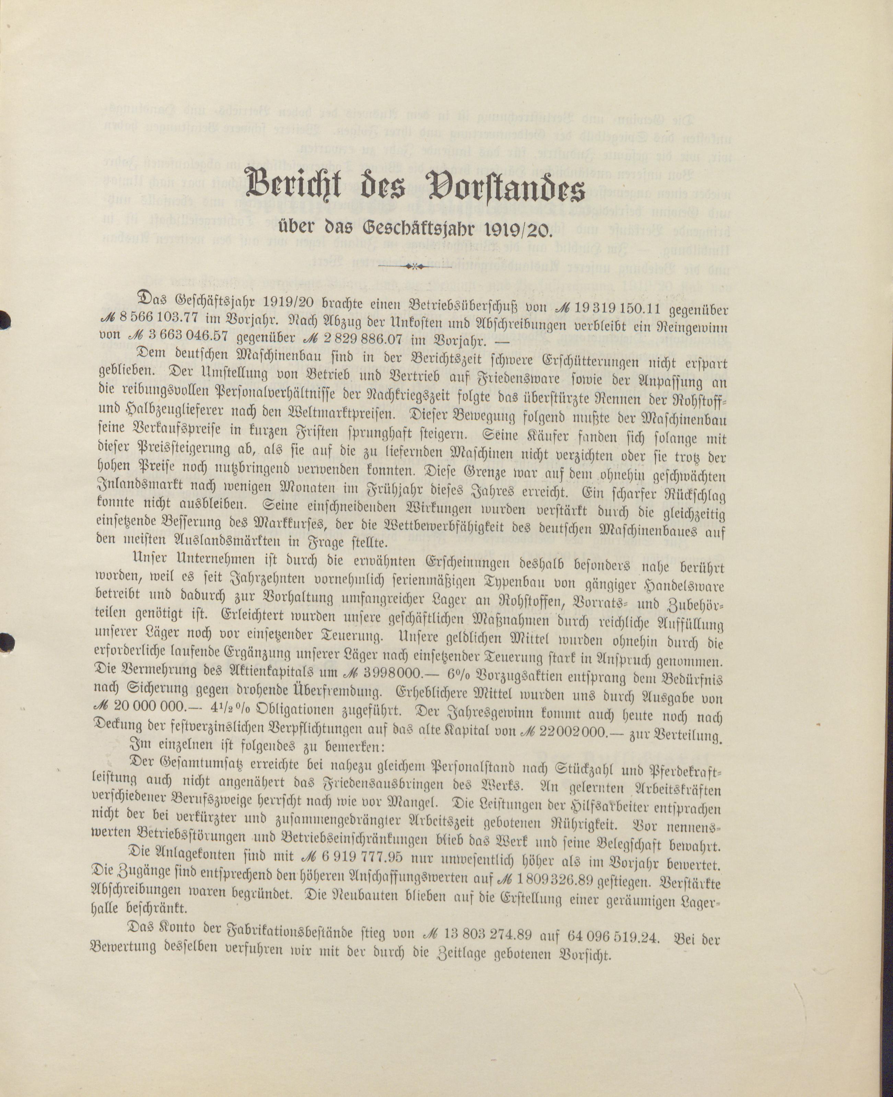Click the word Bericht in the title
(x=296, y=184)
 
